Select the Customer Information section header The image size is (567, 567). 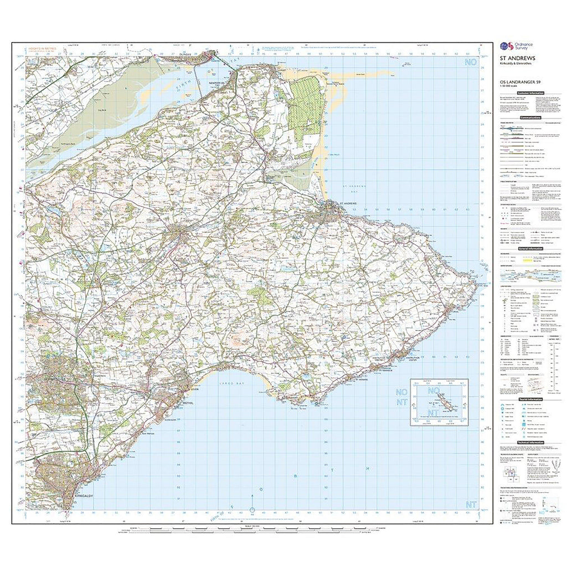pos(530,93)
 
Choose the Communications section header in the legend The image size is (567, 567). pos(530,118)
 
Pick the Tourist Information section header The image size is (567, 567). pos(530,400)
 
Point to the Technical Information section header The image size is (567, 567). pos(530,442)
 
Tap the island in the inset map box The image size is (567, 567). pos(445,405)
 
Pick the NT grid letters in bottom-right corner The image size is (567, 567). pos(471,504)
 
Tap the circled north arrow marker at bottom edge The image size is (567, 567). pos(252,510)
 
